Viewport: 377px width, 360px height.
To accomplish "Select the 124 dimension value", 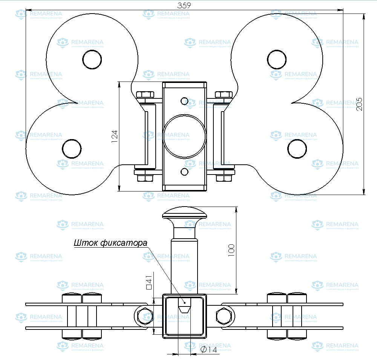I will click(x=115, y=136).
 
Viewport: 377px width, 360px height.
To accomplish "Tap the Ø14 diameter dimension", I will click(x=209, y=350).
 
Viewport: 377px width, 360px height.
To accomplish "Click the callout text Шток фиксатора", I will click(x=110, y=243).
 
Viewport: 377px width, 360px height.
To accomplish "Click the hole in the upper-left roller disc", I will click(x=92, y=60).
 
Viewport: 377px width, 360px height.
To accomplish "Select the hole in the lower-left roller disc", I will click(x=72, y=149).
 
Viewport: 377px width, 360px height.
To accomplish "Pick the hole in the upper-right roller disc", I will click(x=277, y=60).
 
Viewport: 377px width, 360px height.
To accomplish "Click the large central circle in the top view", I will click(x=185, y=136).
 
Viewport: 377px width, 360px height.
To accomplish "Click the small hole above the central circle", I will click(x=184, y=101).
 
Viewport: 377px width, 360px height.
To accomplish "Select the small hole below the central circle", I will click(x=184, y=172).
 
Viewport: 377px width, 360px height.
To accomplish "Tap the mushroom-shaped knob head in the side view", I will click(x=185, y=215).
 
